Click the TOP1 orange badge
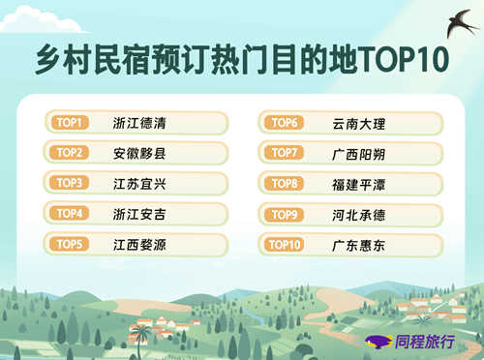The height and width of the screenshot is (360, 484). pyautogui.click(x=70, y=123)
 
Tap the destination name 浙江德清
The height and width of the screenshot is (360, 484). pyautogui.click(x=139, y=123)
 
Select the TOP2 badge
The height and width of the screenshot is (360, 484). pyautogui.click(x=69, y=153)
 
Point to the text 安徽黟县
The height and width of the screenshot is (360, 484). pyautogui.click(x=139, y=153)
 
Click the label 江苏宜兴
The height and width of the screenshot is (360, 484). pyautogui.click(x=139, y=184)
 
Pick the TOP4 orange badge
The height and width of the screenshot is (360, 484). pyautogui.click(x=69, y=213)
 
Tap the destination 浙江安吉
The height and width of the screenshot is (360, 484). pyautogui.click(x=139, y=214)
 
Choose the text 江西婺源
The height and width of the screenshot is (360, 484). pyautogui.click(x=139, y=245)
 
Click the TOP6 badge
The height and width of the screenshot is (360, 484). pyautogui.click(x=285, y=123)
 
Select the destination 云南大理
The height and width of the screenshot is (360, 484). pyautogui.click(x=359, y=124)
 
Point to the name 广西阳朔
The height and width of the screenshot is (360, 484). pyautogui.click(x=359, y=154)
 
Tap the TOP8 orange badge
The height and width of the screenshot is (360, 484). pyautogui.click(x=285, y=184)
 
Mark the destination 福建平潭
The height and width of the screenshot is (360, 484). pyautogui.click(x=359, y=185)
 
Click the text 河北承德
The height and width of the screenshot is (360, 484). pyautogui.click(x=359, y=215)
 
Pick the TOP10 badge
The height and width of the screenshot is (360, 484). pyautogui.click(x=285, y=245)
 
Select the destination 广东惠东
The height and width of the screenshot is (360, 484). pyautogui.click(x=359, y=246)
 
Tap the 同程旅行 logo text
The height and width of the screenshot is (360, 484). pyautogui.click(x=425, y=342)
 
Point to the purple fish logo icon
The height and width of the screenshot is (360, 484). pyautogui.click(x=378, y=342)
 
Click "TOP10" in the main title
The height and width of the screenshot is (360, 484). pyautogui.click(x=404, y=59)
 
